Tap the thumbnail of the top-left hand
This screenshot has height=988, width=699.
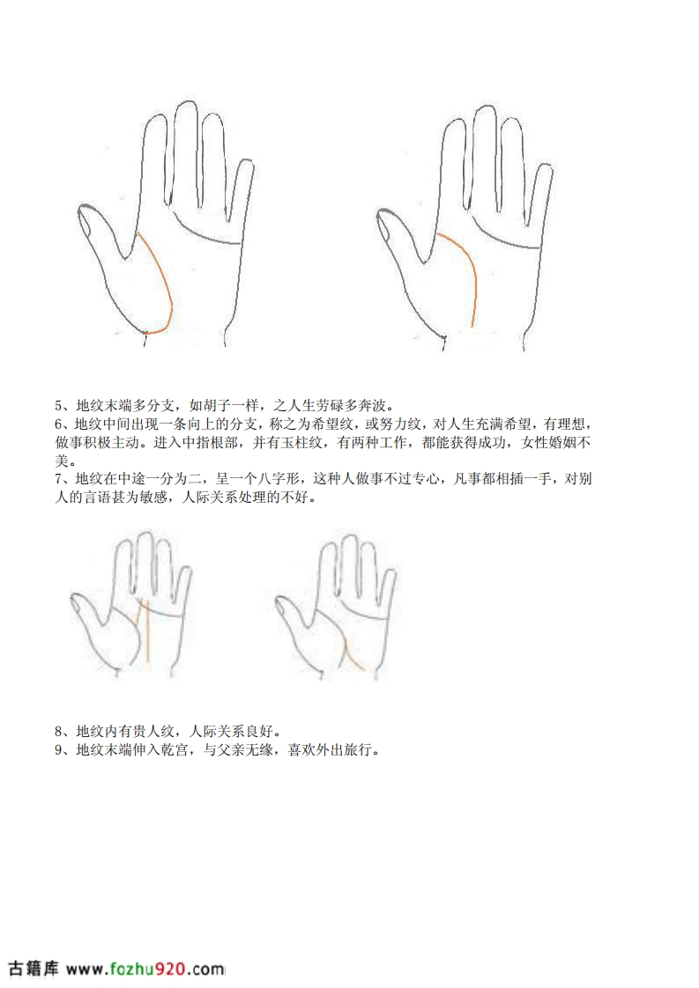pos(85,223)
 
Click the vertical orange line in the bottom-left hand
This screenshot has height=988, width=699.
pos(147,630)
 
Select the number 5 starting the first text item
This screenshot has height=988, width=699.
pos(58,405)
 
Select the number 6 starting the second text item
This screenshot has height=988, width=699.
pos(58,424)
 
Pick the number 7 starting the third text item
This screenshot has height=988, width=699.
pos(58,478)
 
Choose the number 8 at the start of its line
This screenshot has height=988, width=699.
pos(58,731)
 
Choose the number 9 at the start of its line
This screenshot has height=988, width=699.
pos(58,750)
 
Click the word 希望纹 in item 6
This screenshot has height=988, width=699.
pos(333,424)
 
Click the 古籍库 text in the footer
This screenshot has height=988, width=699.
pos(33,969)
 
